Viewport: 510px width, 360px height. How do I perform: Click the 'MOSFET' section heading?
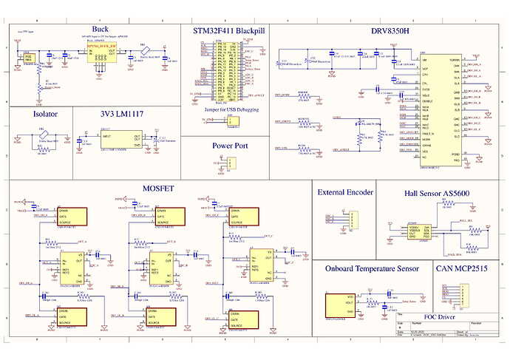158,189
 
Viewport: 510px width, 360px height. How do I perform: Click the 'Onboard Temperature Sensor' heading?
372,268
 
